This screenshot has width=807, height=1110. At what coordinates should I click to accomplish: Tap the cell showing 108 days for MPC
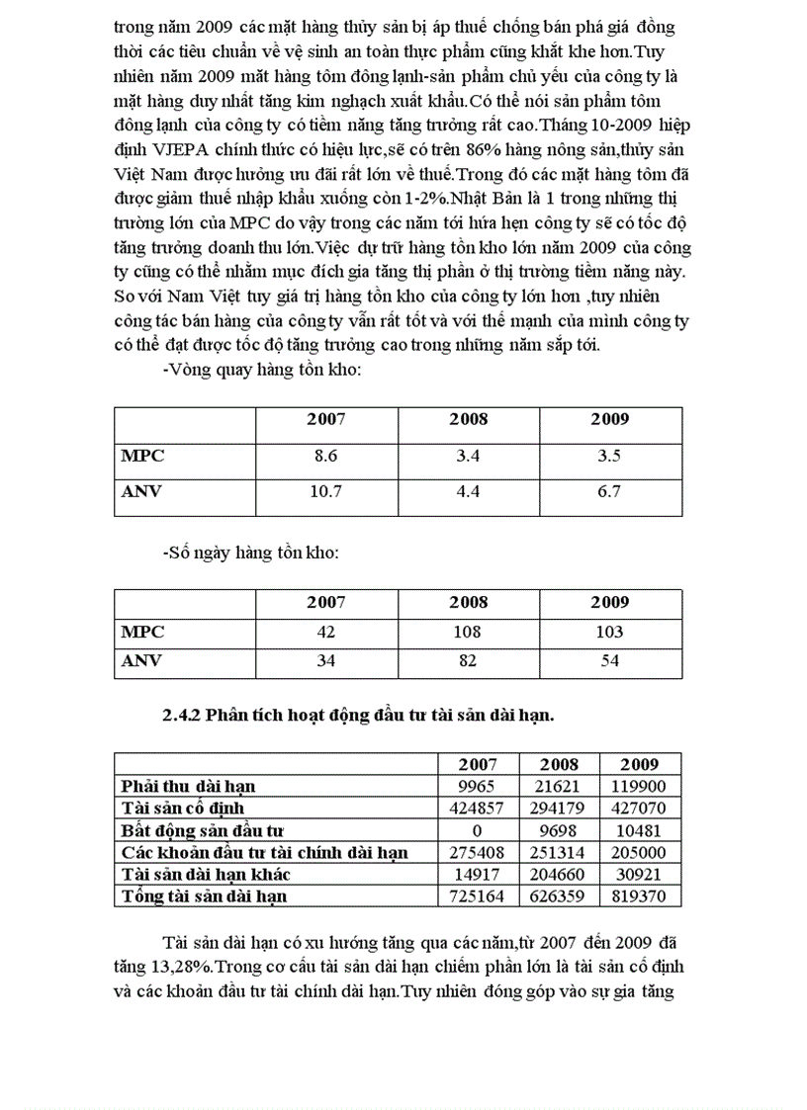click(x=469, y=632)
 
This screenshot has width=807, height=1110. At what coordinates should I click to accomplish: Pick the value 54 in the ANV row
click(x=610, y=660)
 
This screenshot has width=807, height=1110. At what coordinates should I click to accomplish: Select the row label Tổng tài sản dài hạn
click(x=204, y=897)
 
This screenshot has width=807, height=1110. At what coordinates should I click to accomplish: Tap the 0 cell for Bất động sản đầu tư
click(x=477, y=830)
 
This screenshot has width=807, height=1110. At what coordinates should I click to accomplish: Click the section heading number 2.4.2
click(x=182, y=717)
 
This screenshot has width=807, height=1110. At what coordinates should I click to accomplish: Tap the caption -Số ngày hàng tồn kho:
click(x=250, y=553)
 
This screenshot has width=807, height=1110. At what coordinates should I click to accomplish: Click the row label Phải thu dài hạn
click(x=188, y=786)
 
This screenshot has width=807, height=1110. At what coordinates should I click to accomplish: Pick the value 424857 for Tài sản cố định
click(x=477, y=808)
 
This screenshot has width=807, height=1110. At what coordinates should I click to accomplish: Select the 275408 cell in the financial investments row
click(x=477, y=852)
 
